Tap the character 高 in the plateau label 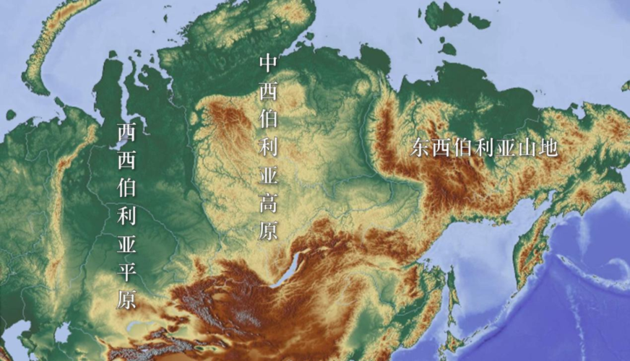tap(268, 204)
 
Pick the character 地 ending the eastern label tap(549, 148)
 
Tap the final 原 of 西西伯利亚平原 tap(126, 298)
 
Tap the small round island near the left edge tap(11, 114)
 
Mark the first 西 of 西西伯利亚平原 tap(126, 133)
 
